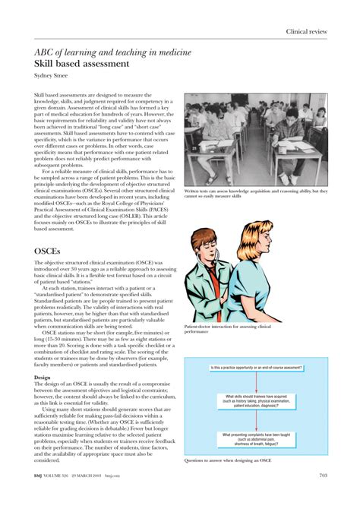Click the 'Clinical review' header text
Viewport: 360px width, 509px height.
[307, 31]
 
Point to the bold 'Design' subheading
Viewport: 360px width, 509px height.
[44, 377]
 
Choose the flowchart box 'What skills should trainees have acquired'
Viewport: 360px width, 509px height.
[260, 401]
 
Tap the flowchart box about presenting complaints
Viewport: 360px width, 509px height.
[260, 438]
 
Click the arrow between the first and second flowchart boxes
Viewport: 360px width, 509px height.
[260, 382]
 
